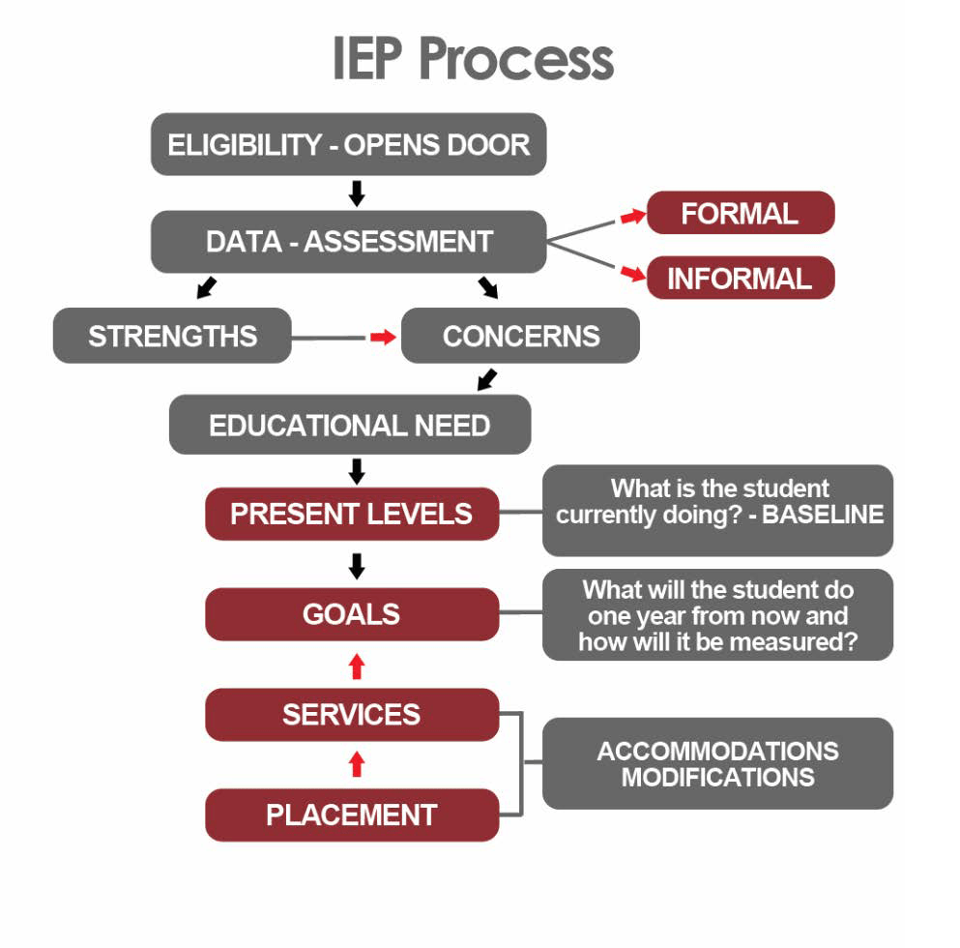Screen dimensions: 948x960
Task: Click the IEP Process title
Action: pos(473,60)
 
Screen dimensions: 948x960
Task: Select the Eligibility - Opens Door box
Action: pos(349,145)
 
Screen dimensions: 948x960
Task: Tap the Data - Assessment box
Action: pos(349,241)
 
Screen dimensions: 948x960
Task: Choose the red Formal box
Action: pos(740,213)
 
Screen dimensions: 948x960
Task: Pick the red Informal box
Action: pos(740,278)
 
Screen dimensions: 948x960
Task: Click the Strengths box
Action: pos(172,336)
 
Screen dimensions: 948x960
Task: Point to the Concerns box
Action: pos(520,336)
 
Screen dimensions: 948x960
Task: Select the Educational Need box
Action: pos(349,425)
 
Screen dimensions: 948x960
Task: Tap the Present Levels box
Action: pos(352,514)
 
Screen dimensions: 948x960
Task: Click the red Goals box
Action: pos(352,614)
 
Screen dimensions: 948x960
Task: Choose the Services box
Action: pos(352,715)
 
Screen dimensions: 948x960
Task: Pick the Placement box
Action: pos(352,815)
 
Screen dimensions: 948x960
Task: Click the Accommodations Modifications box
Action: pos(717,763)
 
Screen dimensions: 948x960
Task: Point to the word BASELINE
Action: pos(823,515)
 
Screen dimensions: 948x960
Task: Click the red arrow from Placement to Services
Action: pos(357,764)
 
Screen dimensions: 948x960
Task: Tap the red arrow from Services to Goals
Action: pos(357,665)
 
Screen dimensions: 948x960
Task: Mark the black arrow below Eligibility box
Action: pos(357,193)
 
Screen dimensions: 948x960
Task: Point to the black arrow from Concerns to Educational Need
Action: pos(487,379)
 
